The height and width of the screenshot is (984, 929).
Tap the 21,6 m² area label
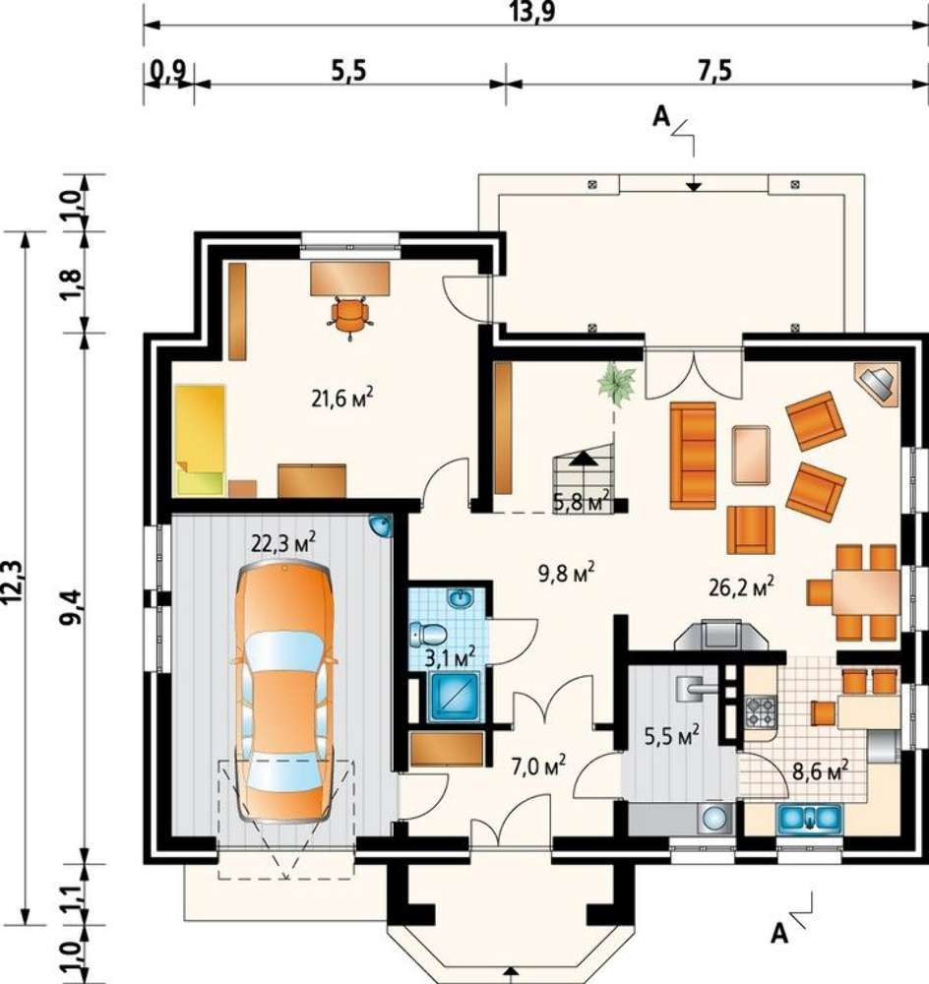tap(342, 398)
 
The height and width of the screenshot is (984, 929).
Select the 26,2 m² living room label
tap(741, 586)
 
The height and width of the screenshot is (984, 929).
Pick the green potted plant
tap(616, 382)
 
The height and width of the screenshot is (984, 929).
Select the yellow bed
tap(200, 441)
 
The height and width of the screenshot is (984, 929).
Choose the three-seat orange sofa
tap(693, 455)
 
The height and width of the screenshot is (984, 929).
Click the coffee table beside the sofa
tap(751, 455)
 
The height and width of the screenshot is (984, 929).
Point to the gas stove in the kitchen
tap(761, 711)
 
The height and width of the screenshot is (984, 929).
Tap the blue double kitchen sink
tap(809, 818)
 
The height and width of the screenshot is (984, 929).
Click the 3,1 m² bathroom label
tap(450, 658)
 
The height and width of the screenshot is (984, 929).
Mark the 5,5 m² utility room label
tap(671, 736)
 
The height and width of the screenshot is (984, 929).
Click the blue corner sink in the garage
tap(381, 524)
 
